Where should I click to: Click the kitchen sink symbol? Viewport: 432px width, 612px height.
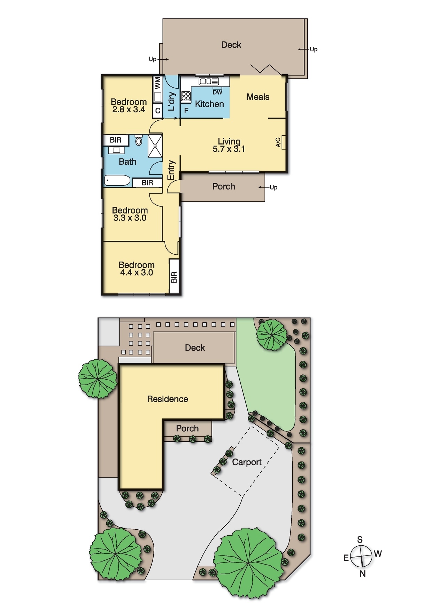click(209, 81)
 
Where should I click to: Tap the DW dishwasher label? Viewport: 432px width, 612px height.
click(217, 92)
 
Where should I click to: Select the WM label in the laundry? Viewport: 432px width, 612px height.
click(157, 83)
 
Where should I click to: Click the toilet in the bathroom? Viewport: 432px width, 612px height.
click(139, 141)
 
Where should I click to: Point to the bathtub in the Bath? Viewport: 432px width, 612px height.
click(117, 181)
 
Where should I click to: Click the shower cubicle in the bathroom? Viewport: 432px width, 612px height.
click(155, 146)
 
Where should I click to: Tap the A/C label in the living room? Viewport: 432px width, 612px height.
click(278, 142)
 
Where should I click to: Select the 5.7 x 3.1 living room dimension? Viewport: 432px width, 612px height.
click(229, 149)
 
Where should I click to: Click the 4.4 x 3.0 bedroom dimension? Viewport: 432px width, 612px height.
click(137, 273)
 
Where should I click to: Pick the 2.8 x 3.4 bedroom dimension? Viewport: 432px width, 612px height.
click(129, 109)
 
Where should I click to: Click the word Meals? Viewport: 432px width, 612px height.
click(258, 97)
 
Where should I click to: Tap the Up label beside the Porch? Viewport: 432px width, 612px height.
click(273, 187)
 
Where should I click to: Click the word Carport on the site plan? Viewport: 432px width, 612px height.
click(247, 462)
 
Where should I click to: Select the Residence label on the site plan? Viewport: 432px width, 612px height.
click(168, 399)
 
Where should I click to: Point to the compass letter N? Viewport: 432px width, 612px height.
click(363, 574)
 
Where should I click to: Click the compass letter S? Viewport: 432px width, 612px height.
click(360, 539)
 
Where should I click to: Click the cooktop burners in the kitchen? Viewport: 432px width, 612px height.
click(186, 96)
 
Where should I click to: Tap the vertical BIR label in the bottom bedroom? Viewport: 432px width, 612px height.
click(174, 277)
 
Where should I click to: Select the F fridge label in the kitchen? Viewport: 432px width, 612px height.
click(186, 111)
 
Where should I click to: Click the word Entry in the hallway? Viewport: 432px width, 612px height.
click(171, 170)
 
